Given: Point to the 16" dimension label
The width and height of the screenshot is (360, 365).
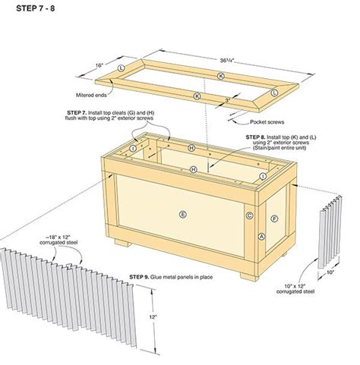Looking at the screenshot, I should pos(98,66).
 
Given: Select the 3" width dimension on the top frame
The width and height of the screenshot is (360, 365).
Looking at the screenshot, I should pos(228,100).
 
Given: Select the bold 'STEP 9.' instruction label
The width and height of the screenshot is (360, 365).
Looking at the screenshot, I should pos(142,276).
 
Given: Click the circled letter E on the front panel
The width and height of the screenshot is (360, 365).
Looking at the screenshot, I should pos(182,215).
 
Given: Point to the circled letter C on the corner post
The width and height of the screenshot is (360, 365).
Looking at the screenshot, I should pos(249,216).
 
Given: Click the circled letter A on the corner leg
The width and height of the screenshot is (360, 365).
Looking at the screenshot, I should pos(261,237).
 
